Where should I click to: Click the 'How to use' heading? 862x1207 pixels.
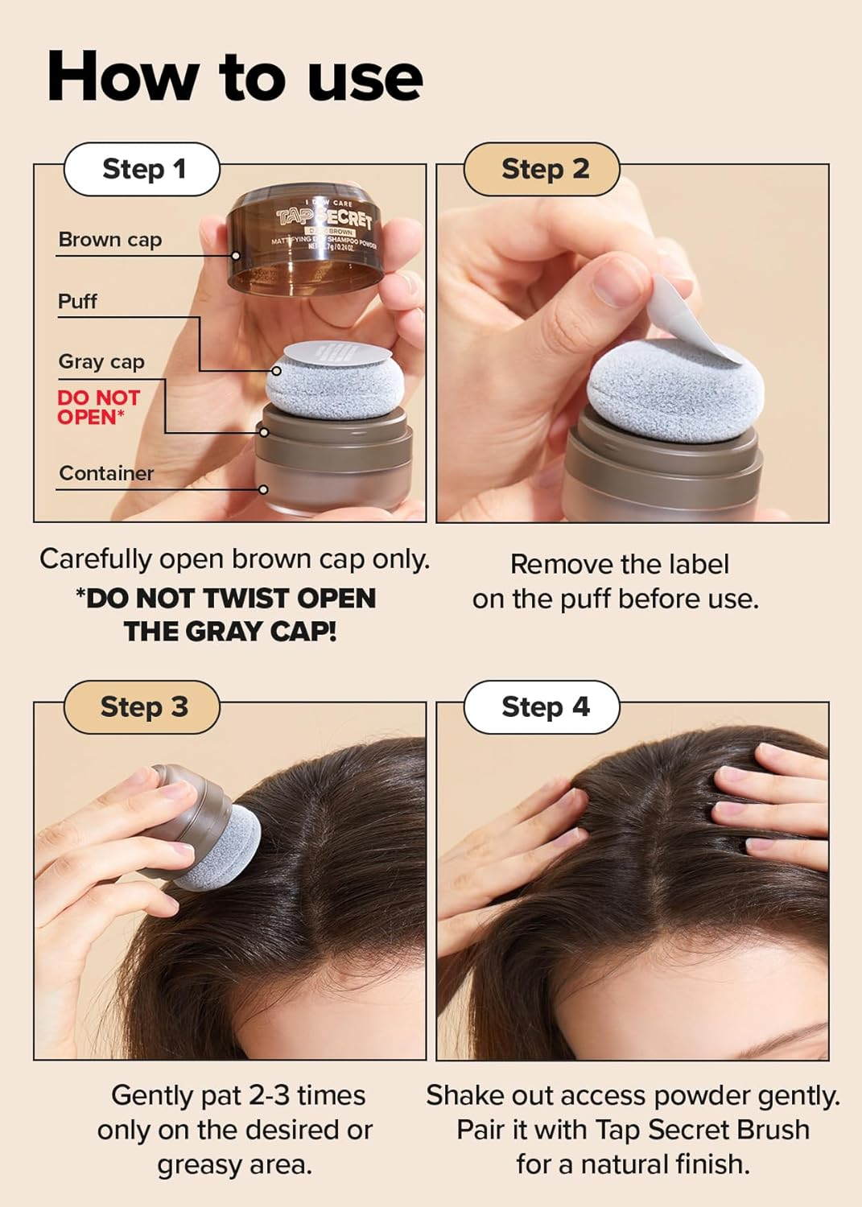coord(234,77)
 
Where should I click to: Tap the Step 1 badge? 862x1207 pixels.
coord(142,169)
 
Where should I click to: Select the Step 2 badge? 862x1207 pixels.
coord(544,169)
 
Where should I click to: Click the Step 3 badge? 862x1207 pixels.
coord(142,706)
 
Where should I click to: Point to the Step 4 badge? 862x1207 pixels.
coord(544,706)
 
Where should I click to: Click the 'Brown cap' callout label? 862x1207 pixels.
coord(109,240)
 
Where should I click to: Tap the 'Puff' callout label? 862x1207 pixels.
coord(77,302)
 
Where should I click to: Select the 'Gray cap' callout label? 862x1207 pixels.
coord(101,362)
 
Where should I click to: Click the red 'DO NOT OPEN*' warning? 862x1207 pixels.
coord(97,407)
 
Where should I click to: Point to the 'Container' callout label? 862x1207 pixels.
coord(106,473)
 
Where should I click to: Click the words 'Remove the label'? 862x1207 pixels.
coord(619,564)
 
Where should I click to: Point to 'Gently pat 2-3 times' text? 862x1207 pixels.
coord(237,1095)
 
